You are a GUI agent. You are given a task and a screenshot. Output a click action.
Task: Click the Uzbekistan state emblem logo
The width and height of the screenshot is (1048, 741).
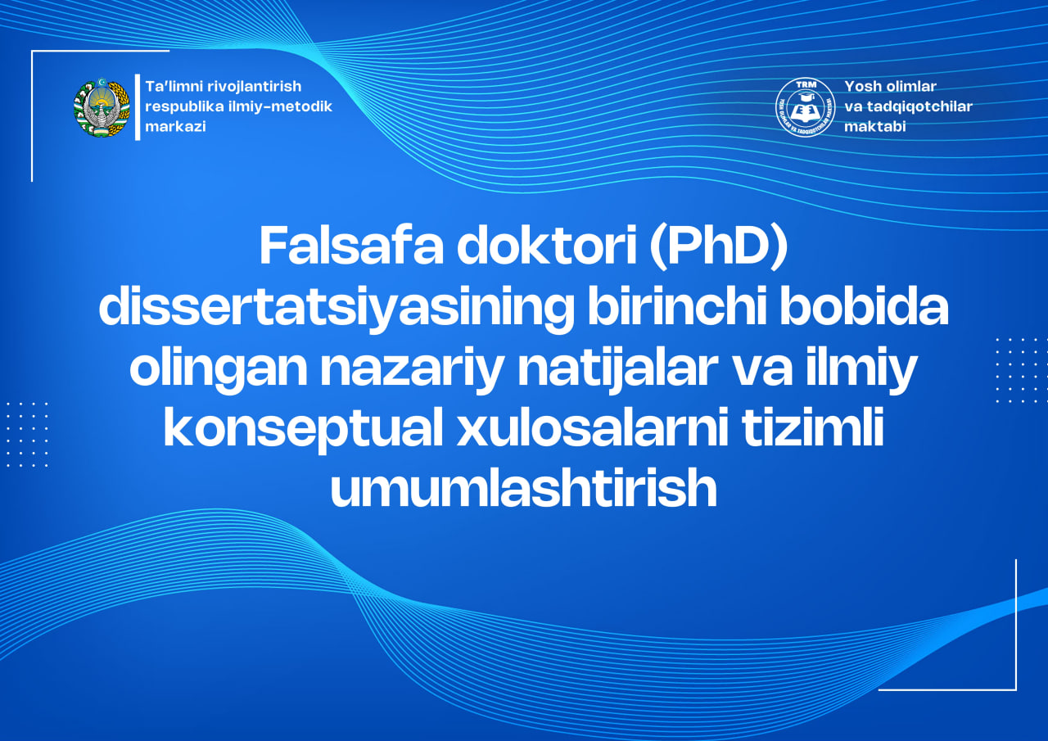pyautogui.click(x=102, y=107)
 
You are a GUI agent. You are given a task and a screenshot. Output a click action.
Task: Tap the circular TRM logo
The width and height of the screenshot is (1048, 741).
pyautogui.click(x=805, y=107)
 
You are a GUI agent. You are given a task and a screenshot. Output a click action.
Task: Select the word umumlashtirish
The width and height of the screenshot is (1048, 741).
pyautogui.click(x=523, y=490)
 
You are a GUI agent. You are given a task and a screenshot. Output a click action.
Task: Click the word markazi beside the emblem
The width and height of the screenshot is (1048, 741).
pyautogui.click(x=175, y=127)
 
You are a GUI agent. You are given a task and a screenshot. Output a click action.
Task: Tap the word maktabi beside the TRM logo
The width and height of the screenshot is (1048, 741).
pyautogui.click(x=874, y=127)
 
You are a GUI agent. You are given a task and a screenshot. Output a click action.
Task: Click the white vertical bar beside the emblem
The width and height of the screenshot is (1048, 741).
pyautogui.click(x=138, y=107)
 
